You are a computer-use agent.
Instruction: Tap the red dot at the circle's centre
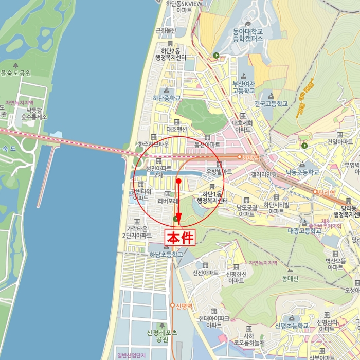[178, 182]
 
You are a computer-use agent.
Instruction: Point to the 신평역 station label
[184, 305]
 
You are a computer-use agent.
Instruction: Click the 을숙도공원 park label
[16, 73]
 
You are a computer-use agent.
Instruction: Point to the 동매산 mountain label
[290, 278]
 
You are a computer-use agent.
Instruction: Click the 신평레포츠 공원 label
[162, 336]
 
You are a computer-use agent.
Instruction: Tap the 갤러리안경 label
[264, 174]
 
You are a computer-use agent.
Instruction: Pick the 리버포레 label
[167, 201]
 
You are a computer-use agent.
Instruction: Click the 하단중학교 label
[167, 98]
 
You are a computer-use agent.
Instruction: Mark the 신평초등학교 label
[292, 326]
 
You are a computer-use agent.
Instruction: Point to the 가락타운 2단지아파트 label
[137, 231]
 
